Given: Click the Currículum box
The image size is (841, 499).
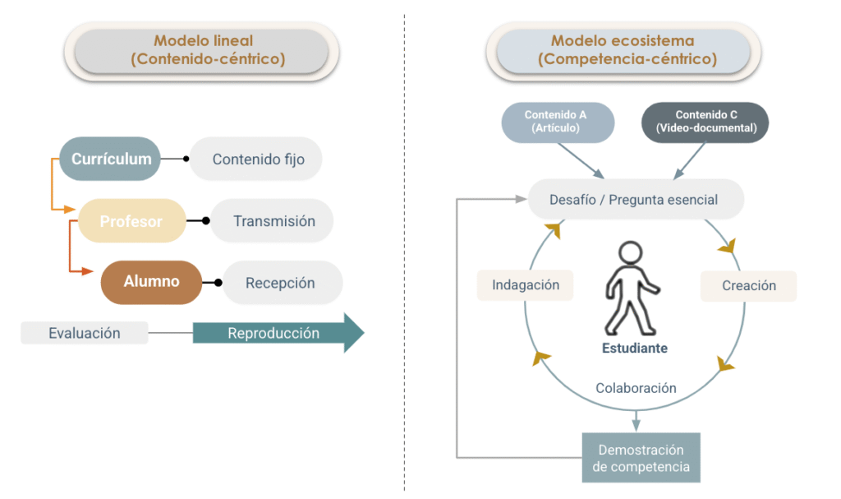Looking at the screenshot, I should [111, 159].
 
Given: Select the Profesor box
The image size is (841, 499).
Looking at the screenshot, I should [131, 221].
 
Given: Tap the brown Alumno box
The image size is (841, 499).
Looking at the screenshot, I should [151, 282].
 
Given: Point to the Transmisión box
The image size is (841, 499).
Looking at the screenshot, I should [273, 221].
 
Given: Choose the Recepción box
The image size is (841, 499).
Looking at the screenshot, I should [280, 283].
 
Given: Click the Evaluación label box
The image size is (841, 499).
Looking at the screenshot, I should [85, 333].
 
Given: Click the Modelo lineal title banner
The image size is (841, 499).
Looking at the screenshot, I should [202, 50].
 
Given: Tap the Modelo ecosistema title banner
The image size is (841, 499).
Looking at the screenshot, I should [622, 50].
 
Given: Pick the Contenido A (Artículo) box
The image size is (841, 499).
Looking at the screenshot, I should [558, 122].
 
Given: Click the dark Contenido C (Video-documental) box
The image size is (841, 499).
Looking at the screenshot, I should [705, 122].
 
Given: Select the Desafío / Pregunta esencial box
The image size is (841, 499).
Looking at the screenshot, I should [634, 200].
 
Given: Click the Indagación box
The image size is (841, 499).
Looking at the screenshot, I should [526, 285].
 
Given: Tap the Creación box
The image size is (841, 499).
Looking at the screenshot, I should [748, 286].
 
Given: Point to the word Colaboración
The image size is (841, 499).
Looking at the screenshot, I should [636, 388].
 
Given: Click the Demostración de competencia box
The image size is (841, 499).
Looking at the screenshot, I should [641, 459].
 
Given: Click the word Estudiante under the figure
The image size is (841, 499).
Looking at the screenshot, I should [634, 349].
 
